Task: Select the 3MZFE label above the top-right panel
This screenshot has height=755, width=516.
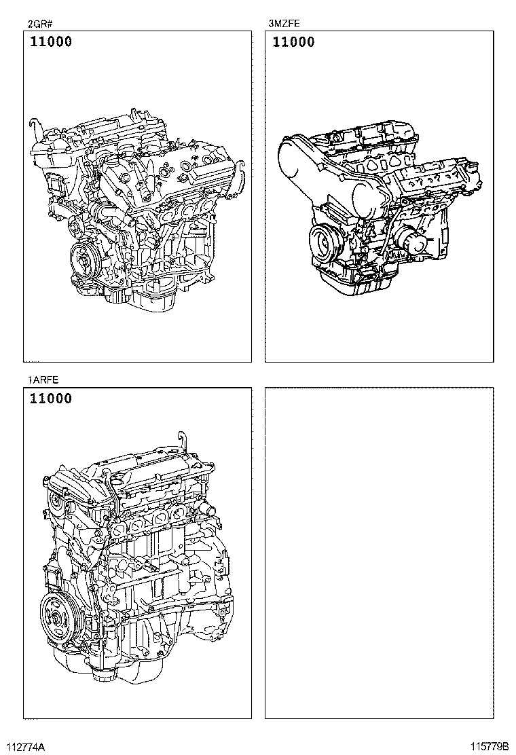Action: pyautogui.click(x=284, y=23)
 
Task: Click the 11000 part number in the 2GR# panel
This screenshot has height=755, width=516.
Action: pyautogui.click(x=50, y=42)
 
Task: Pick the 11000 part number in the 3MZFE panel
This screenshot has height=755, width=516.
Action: pyautogui.click(x=293, y=42)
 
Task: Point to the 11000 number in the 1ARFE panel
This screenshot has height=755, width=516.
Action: pyautogui.click(x=50, y=399)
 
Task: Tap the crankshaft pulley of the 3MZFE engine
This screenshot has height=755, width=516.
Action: pyautogui.click(x=322, y=241)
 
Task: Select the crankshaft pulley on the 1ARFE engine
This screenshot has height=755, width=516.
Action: pyautogui.click(x=57, y=615)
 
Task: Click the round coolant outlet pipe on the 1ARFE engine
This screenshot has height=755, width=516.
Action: pyautogui.click(x=212, y=510)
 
